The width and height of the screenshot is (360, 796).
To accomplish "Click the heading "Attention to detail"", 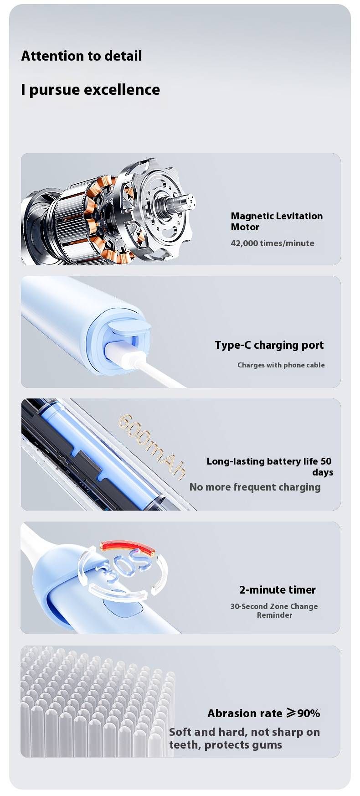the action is click(82, 56).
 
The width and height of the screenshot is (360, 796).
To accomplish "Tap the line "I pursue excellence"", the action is click(90, 90).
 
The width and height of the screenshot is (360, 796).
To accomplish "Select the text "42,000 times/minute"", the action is click(273, 243).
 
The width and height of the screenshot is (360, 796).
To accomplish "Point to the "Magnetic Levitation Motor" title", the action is click(277, 221).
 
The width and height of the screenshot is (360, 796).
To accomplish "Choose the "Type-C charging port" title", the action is click(269, 345).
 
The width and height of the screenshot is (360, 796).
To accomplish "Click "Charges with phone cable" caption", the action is click(281, 365).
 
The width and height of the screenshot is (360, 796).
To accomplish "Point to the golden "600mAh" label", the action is click(152, 445).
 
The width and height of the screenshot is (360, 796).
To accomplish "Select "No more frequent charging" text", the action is click(255, 487).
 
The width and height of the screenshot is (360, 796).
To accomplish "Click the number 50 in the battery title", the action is click(326, 461).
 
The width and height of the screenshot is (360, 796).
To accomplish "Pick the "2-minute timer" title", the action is click(278, 590).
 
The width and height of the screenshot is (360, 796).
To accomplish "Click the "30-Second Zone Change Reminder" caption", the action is click(274, 610).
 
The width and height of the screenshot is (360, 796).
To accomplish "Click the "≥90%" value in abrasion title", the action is click(303, 713).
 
